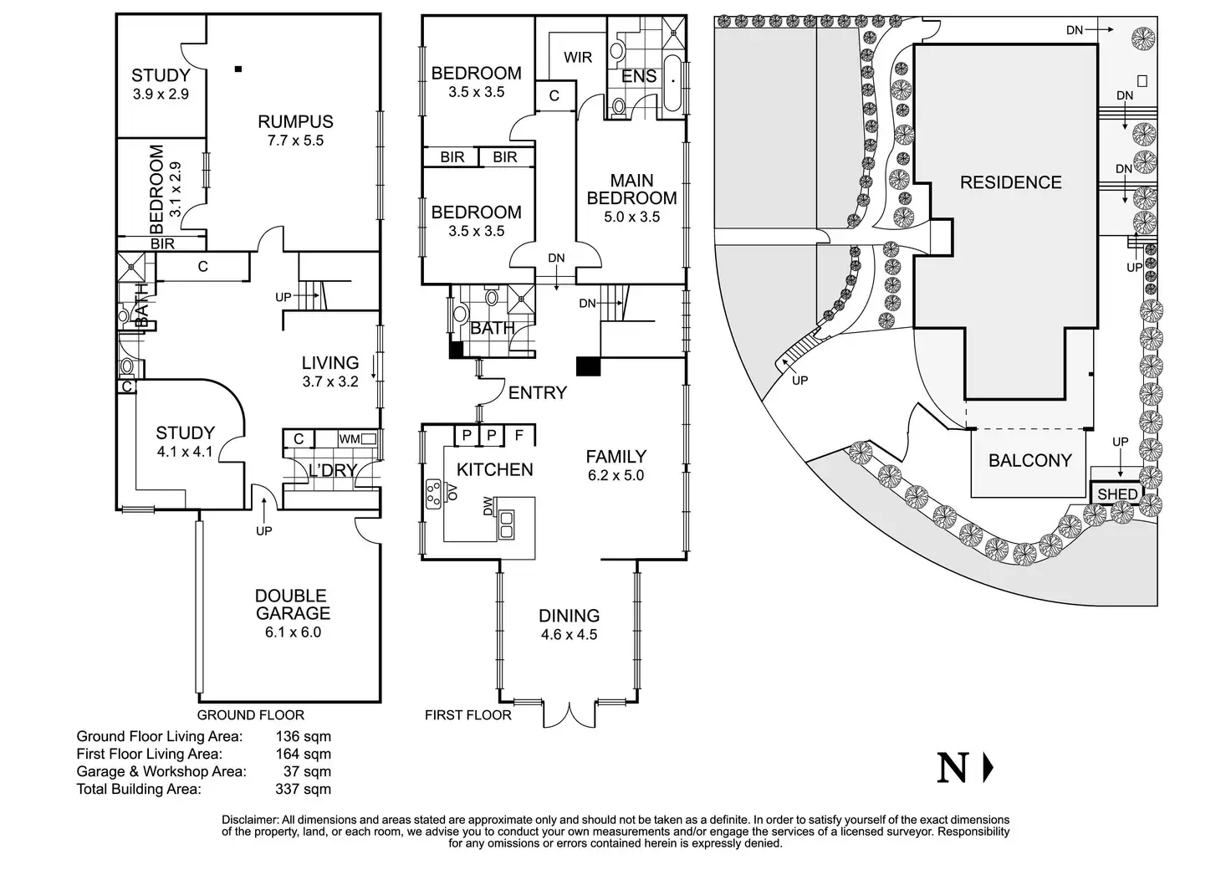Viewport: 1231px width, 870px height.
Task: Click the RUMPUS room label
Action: [x=295, y=122]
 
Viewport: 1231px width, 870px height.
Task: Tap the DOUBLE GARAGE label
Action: [x=291, y=605]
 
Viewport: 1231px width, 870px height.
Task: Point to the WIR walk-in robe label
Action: [x=578, y=57]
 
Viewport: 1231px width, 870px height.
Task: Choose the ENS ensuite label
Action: [x=639, y=77]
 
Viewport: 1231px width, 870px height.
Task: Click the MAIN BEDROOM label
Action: [x=631, y=189]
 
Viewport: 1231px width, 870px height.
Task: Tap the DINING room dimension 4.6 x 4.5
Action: [x=569, y=634]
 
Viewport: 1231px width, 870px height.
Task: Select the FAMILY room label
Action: [x=615, y=457]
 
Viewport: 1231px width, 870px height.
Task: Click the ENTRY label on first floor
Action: [x=538, y=392]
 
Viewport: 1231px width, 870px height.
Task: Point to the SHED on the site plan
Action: [x=1117, y=494]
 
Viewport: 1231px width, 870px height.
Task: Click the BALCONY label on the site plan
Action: [x=1029, y=460]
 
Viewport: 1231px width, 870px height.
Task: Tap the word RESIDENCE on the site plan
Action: [x=1010, y=182]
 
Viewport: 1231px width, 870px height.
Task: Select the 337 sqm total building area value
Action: [x=303, y=789]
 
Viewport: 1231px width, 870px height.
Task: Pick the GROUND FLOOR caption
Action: [x=250, y=715]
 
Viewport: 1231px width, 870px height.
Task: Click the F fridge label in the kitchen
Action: [x=518, y=435]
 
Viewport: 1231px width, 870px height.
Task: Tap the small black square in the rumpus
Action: [x=239, y=69]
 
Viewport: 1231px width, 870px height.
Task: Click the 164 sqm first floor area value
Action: [x=303, y=754]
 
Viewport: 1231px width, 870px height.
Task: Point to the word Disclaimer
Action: [x=249, y=820]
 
